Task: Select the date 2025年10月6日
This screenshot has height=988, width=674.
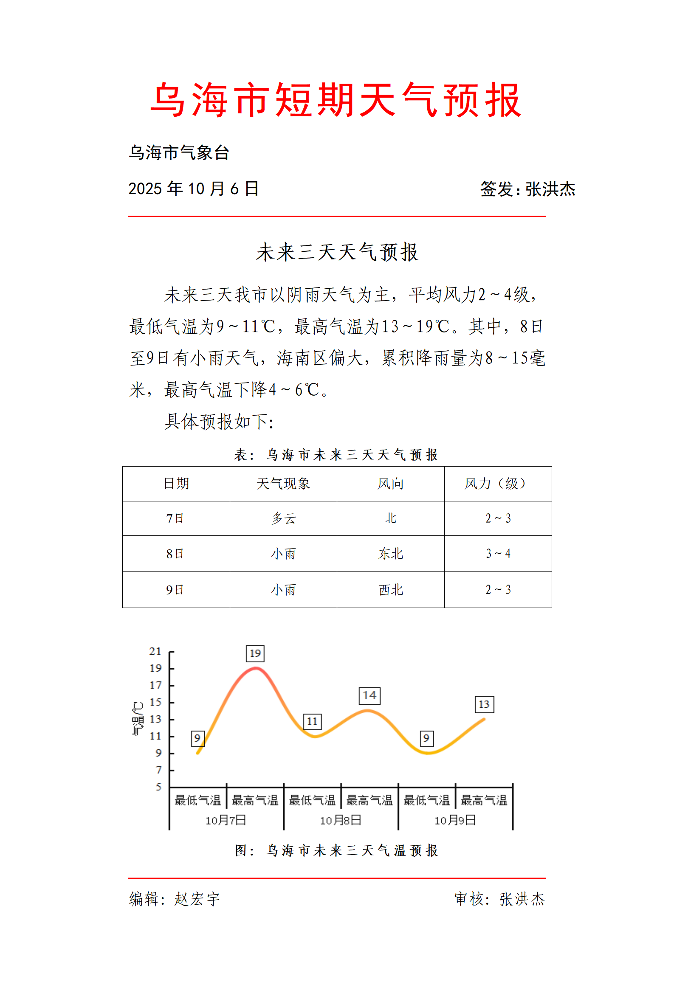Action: click(x=194, y=189)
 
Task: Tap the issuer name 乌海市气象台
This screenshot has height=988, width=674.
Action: click(x=179, y=152)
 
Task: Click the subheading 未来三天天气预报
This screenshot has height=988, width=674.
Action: click(x=337, y=252)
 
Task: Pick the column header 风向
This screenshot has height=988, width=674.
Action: click(x=390, y=483)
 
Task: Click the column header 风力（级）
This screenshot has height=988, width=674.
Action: click(x=497, y=483)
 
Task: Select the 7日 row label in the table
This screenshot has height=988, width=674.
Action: click(x=175, y=518)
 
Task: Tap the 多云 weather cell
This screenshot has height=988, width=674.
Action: click(x=283, y=518)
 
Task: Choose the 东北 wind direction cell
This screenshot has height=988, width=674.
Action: click(x=390, y=554)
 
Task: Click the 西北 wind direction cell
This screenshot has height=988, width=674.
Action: click(x=390, y=590)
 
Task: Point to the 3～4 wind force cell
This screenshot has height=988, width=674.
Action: click(x=498, y=554)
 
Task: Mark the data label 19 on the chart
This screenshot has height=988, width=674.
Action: click(x=255, y=653)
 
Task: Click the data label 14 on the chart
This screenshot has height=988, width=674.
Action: click(x=369, y=695)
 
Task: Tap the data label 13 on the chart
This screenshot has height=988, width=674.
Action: click(x=484, y=704)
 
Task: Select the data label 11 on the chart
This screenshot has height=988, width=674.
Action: click(x=312, y=721)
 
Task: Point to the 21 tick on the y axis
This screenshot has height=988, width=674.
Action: click(x=155, y=651)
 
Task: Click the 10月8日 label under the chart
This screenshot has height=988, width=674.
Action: click(x=340, y=820)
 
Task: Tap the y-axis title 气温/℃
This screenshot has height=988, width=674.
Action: click(x=138, y=718)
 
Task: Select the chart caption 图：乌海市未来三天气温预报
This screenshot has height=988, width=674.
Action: click(x=337, y=850)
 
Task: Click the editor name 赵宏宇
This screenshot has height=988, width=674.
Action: click(x=197, y=899)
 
